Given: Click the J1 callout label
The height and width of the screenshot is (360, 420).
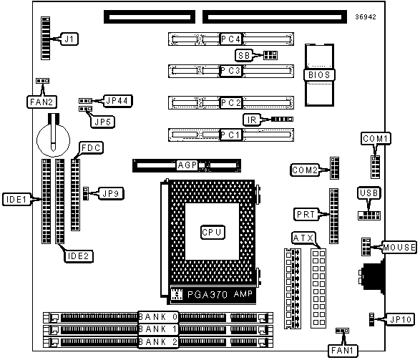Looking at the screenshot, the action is click(69, 39).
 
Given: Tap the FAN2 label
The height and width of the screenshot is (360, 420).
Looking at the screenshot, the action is click(41, 102).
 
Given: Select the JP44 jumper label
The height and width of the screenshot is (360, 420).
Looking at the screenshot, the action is click(117, 101).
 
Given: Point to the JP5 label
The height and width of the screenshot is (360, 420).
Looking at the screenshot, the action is click(102, 122).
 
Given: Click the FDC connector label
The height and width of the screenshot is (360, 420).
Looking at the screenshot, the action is click(91, 148).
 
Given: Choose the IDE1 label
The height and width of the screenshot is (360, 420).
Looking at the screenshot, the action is click(16, 199).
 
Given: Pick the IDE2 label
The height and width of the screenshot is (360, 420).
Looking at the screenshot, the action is click(79, 256).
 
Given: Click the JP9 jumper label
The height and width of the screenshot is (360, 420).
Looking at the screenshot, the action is click(111, 193).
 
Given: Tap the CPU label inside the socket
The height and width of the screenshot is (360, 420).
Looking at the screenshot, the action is click(213, 232).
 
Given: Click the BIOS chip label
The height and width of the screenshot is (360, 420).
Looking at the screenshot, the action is click(319, 74).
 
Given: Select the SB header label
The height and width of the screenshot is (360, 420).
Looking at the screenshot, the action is click(244, 55).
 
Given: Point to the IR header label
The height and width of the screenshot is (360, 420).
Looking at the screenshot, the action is click(252, 120).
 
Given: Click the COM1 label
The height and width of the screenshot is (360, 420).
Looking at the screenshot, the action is click(375, 139).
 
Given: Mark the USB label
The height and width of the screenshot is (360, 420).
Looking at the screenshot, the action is click(369, 193).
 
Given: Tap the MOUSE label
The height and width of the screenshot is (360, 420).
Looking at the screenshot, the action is click(399, 247).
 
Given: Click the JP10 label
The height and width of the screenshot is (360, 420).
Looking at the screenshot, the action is click(401, 319).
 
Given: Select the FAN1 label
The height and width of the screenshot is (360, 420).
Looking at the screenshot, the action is click(343, 351).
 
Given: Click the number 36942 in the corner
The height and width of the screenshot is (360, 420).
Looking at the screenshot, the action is click(366, 17).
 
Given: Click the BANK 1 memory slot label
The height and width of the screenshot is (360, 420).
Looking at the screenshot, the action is click(157, 329).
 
